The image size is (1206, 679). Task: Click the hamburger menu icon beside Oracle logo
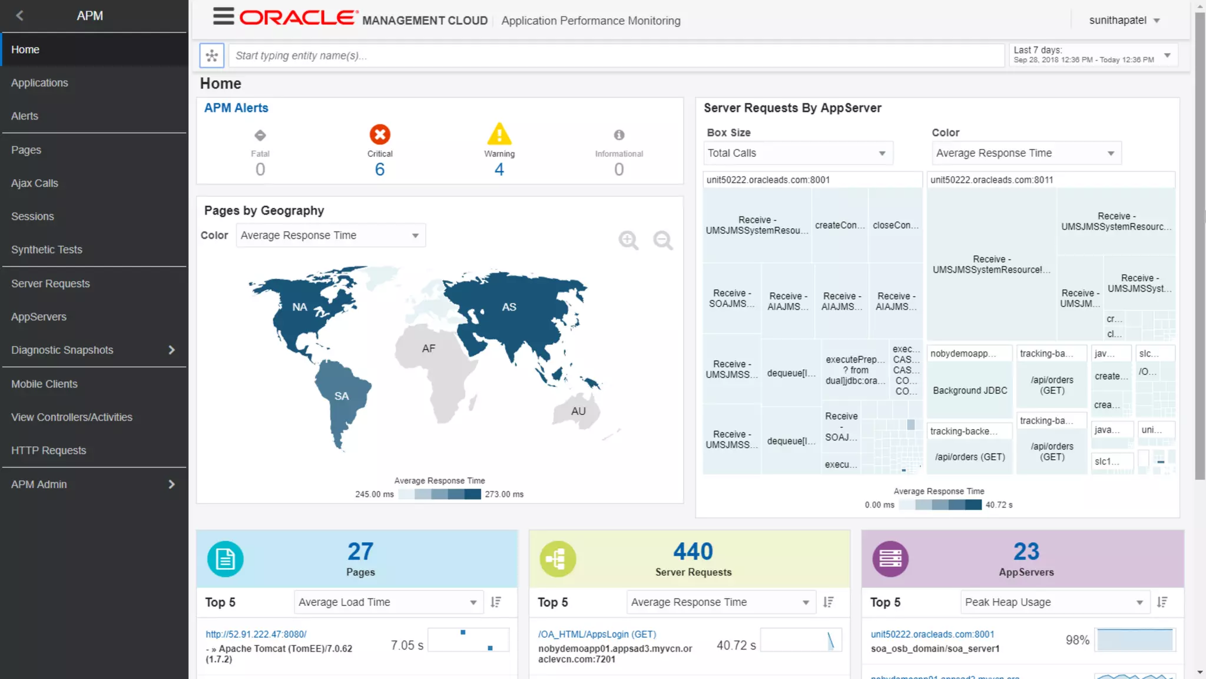[x=223, y=17]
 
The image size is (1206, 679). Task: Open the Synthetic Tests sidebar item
[x=47, y=249]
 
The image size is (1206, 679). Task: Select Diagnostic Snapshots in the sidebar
[x=62, y=350]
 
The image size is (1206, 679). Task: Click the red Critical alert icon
[x=380, y=134]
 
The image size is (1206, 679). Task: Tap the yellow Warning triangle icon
[x=499, y=134]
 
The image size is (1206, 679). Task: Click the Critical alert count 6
[x=380, y=170]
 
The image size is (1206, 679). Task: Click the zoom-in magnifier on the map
[x=628, y=240]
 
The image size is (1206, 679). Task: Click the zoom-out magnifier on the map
[x=663, y=240]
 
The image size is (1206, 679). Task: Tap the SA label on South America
[x=342, y=396]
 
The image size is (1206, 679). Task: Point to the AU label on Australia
[x=578, y=411]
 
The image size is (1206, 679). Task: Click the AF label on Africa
[x=429, y=348]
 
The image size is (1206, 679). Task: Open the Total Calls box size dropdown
[x=797, y=153]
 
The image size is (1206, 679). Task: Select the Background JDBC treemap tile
[x=970, y=390]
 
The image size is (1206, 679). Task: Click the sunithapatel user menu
[x=1124, y=20]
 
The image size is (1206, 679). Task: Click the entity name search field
[x=615, y=55]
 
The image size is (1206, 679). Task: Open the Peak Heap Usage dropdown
[x=1054, y=602]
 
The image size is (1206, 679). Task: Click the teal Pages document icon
[x=225, y=558]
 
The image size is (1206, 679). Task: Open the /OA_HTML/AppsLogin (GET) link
[x=597, y=634]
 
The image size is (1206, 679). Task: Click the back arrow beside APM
[x=20, y=15]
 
